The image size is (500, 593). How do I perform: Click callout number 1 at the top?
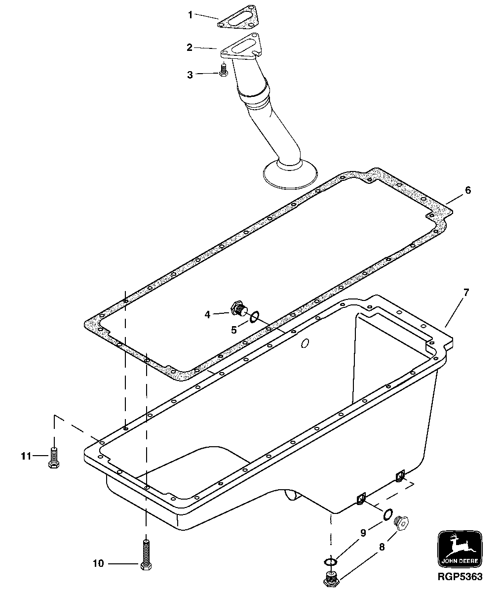(190, 15)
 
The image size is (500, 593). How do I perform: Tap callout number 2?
(190, 47)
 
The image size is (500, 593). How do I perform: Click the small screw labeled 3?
(223, 70)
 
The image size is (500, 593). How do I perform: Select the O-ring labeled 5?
(253, 317)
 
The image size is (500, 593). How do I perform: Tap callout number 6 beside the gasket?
(468, 190)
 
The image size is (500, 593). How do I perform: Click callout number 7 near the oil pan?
(466, 292)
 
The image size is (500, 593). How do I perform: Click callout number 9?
(363, 533)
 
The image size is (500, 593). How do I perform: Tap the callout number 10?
(98, 563)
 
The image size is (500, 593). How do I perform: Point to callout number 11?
(27, 455)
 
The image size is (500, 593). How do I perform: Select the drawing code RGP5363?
(459, 577)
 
